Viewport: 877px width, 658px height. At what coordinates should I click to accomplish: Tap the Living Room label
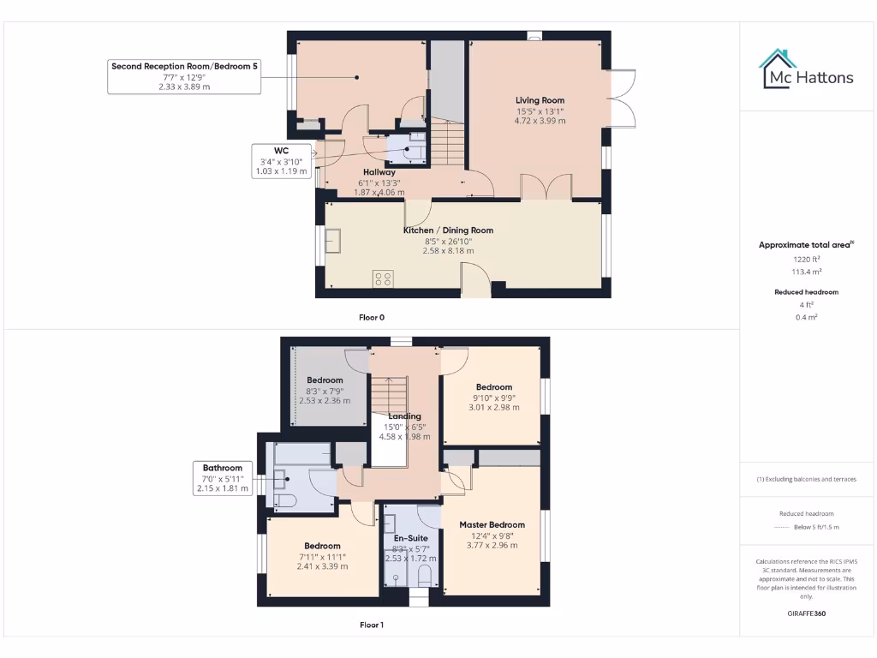click(540, 100)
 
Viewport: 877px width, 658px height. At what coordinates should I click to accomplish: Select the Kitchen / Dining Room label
click(448, 230)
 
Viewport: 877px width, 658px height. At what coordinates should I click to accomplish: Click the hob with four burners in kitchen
click(383, 278)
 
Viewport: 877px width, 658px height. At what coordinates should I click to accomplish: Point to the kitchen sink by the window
click(332, 242)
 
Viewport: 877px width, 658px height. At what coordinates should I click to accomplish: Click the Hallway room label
click(379, 172)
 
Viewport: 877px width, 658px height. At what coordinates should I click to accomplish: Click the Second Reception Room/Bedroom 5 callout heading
click(184, 65)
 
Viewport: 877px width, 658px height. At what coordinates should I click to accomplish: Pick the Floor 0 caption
click(372, 317)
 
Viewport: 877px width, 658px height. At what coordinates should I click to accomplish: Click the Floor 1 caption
click(372, 625)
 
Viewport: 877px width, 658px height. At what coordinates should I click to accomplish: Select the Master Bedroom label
click(492, 524)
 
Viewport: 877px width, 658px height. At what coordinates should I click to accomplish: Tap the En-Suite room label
click(411, 538)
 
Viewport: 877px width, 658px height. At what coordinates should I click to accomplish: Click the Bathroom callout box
click(222, 478)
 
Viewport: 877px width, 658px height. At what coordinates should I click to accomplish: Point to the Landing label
click(404, 416)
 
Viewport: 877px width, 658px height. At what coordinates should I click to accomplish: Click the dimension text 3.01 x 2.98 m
click(494, 408)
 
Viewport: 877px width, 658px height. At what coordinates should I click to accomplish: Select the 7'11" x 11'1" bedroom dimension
click(322, 556)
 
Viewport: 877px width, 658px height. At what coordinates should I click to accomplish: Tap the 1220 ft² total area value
click(805, 258)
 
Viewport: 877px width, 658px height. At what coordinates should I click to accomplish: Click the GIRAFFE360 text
click(805, 613)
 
